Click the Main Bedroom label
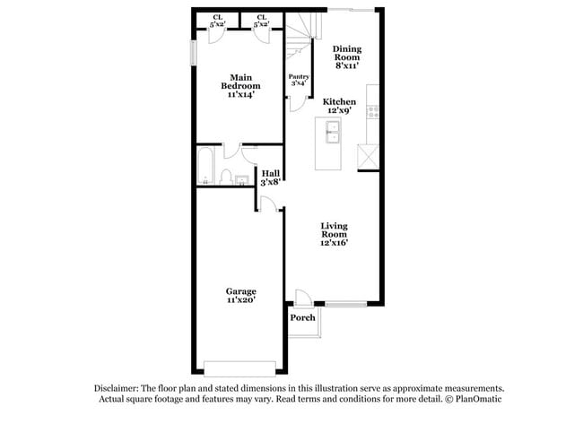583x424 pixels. (x=239, y=86)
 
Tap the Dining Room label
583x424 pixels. (x=346, y=57)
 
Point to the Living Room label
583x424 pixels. (x=334, y=234)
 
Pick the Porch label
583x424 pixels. (x=302, y=318)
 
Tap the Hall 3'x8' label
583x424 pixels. (x=271, y=177)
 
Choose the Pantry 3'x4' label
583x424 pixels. (x=299, y=81)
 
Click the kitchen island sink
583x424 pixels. (x=331, y=134)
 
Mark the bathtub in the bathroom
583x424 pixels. (x=204, y=165)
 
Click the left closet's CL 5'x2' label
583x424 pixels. (x=218, y=21)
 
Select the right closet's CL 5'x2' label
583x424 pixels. (x=261, y=21)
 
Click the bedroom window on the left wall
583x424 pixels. (x=192, y=51)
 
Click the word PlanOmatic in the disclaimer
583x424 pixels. (x=477, y=400)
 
